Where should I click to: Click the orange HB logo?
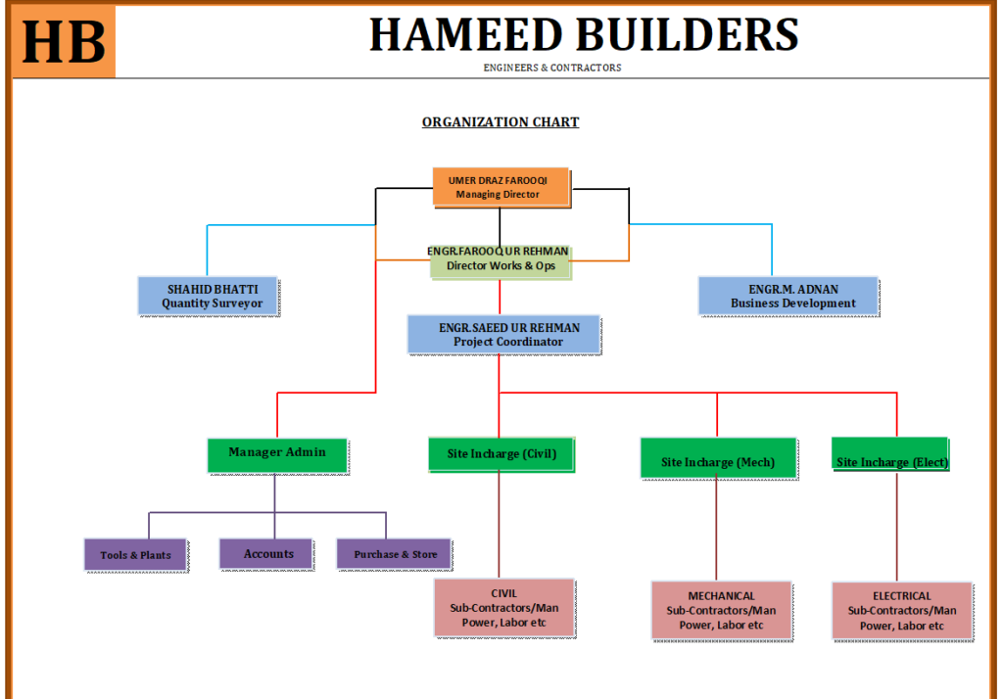coord(64,42)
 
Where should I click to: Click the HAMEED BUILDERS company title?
coord(584,35)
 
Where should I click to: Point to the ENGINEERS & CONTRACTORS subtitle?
coord(552,68)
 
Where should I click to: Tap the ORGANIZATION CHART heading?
coord(501,122)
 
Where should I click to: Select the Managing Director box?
coord(501,187)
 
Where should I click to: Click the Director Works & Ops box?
coord(500,259)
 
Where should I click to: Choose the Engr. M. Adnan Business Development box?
coord(773,297)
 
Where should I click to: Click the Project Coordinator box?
coord(503,334)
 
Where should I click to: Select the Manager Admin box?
coord(277,454)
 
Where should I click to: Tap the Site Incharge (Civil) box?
coord(501,454)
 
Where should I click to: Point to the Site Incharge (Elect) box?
coord(891,458)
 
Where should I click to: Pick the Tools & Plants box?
coord(136,554)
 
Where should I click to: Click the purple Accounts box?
coord(267,554)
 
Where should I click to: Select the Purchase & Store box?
coord(394,554)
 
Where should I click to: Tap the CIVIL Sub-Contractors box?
coord(503,608)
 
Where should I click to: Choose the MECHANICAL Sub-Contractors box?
coord(721,611)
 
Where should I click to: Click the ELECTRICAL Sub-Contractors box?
coord(902,611)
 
